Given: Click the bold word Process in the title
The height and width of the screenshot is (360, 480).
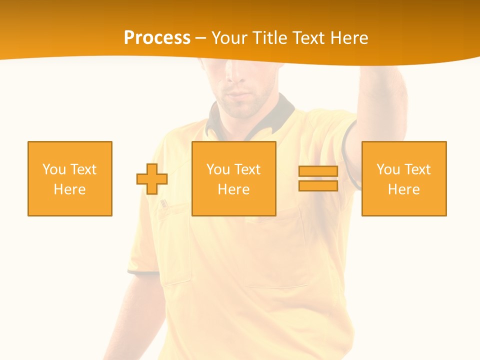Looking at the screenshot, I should pyautogui.click(x=157, y=37).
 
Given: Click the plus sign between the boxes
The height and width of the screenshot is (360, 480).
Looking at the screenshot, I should pyautogui.click(x=152, y=179).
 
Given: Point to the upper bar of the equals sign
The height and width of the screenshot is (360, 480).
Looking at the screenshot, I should pyautogui.click(x=318, y=171).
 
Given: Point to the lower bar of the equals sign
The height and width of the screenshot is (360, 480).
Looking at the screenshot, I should pyautogui.click(x=318, y=185).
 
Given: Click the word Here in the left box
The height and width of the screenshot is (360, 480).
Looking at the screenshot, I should pyautogui.click(x=69, y=189).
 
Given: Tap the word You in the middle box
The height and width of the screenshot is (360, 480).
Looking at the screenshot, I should pyautogui.click(x=218, y=169).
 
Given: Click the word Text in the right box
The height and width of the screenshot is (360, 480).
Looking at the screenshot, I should pyautogui.click(x=417, y=169).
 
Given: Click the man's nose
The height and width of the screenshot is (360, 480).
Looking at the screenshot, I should pyautogui.click(x=234, y=75).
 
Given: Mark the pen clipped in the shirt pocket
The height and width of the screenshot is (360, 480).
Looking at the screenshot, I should pyautogui.click(x=163, y=203).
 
